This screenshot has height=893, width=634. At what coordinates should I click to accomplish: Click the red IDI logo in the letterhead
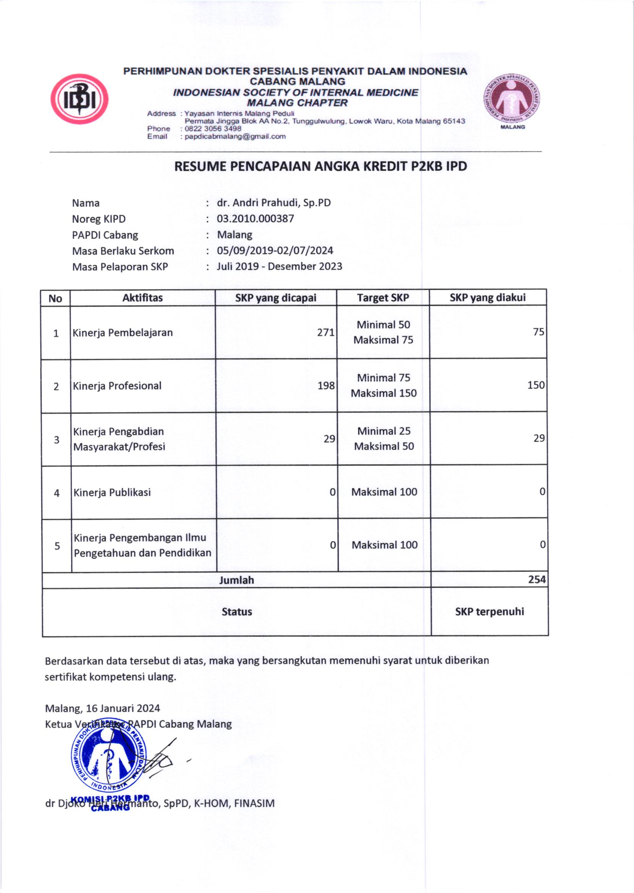(x=79, y=99)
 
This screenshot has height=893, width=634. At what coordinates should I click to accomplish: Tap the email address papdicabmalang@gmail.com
(x=235, y=137)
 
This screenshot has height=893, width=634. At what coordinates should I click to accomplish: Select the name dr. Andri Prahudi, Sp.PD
(x=274, y=203)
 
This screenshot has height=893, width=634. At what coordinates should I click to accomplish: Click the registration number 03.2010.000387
(x=255, y=218)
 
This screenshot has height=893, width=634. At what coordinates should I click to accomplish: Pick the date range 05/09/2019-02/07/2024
(x=275, y=251)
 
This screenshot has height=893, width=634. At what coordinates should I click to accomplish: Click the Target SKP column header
(x=383, y=298)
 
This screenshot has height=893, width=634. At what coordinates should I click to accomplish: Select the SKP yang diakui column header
(x=487, y=298)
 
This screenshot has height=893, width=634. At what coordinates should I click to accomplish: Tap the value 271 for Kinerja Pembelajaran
(x=325, y=333)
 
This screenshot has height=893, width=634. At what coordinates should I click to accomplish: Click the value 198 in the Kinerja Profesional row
(x=326, y=386)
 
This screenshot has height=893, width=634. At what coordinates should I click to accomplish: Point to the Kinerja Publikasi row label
(x=112, y=493)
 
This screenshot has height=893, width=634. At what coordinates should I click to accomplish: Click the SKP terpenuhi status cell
(x=489, y=612)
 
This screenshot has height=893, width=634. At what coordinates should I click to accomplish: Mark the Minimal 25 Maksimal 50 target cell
(x=384, y=439)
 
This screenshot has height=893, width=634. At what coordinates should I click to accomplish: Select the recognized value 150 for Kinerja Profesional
(x=535, y=385)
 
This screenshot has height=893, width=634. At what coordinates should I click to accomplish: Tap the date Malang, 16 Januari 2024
(x=102, y=709)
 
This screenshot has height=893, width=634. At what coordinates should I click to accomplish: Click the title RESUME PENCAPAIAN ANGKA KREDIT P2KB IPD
(x=320, y=167)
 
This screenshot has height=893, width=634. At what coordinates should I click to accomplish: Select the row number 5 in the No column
(x=57, y=546)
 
